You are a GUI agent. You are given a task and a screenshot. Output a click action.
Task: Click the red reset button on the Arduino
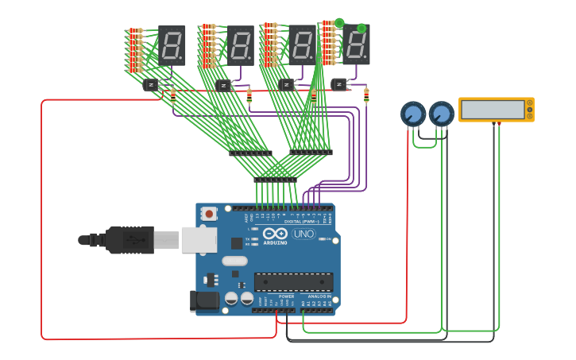click(x=210, y=213)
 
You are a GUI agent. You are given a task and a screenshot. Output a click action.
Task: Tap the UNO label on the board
click(x=303, y=234)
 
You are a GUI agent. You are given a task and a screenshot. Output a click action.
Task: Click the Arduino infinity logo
click(x=276, y=234)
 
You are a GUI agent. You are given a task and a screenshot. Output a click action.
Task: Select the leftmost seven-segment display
click(x=172, y=45)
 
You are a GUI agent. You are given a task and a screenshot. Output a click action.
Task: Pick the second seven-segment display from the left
click(x=241, y=45)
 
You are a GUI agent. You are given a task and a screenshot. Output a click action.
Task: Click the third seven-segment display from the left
click(x=302, y=45)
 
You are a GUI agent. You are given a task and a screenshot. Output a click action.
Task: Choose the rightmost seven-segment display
click(x=356, y=45)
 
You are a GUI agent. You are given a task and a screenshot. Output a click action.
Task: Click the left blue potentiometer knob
click(x=412, y=114)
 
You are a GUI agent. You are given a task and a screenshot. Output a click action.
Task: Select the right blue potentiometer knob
click(x=441, y=114)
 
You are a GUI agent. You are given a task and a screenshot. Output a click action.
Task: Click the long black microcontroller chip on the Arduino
click(x=293, y=282)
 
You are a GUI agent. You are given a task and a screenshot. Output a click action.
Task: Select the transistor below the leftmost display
click(x=151, y=83)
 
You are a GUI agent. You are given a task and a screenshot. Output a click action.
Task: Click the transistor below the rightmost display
click(x=340, y=83)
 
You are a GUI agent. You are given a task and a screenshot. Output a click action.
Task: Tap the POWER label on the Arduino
click(x=286, y=296)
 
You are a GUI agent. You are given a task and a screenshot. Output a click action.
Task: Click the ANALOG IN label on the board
click(x=319, y=296)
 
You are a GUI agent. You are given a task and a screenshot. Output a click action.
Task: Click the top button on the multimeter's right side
click(x=529, y=103)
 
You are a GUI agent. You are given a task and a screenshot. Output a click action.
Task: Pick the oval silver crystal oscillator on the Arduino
click(x=234, y=261)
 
